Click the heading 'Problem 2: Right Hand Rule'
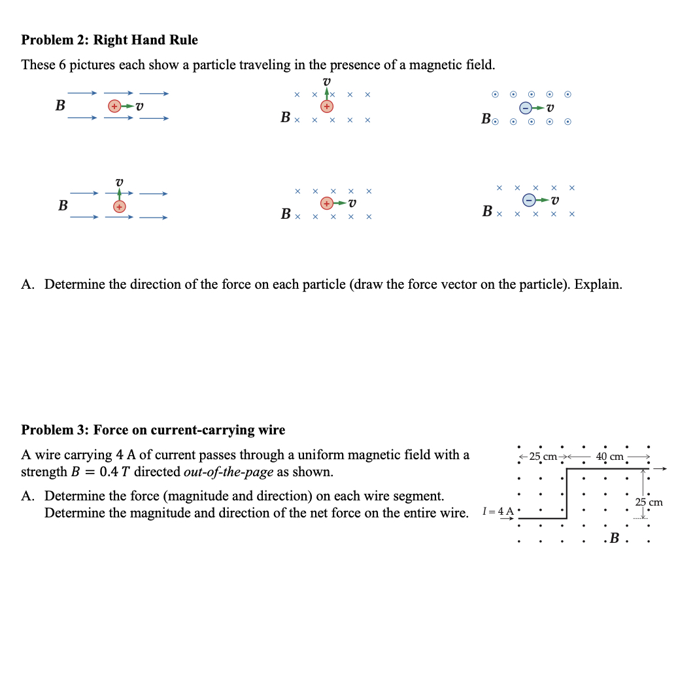(109, 40)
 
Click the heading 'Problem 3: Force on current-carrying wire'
(153, 430)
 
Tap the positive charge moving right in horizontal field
(114, 106)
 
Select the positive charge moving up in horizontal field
(119, 206)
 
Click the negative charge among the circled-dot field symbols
(526, 107)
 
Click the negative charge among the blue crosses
(530, 199)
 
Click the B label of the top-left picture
(59, 105)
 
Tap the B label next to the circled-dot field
(486, 119)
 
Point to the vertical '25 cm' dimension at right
(649, 502)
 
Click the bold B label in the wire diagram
(614, 539)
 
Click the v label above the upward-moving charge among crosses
(326, 82)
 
